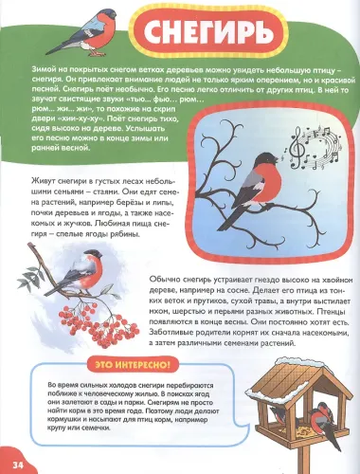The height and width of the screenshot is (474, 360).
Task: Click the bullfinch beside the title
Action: point(90,44)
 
